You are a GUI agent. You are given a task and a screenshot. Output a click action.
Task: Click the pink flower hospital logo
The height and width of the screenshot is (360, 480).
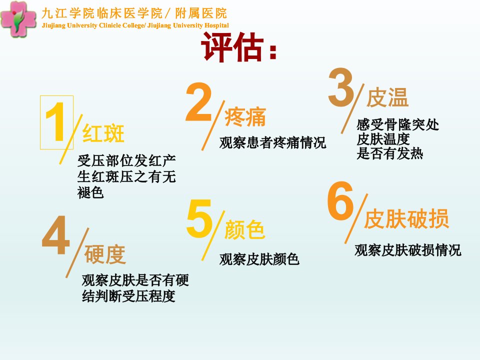pyautogui.click(x=18, y=19)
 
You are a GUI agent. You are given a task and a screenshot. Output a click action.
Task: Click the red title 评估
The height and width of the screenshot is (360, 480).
pyautogui.click(x=232, y=47)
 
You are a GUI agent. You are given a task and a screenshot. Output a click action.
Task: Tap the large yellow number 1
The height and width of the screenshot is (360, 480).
pyautogui.click(x=55, y=122)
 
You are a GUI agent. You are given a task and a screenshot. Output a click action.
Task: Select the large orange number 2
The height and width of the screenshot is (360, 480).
pyautogui.click(x=199, y=102)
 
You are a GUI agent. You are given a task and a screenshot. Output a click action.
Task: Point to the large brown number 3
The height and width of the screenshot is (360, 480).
pyautogui.click(x=341, y=87)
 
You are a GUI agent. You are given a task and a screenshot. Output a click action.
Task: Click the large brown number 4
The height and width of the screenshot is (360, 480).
pyautogui.click(x=56, y=235)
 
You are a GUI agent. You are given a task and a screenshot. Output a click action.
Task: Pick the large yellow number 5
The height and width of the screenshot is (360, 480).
pyautogui.click(x=199, y=218)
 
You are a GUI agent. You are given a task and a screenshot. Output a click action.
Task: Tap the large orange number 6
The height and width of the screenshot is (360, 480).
pyautogui.click(x=340, y=200)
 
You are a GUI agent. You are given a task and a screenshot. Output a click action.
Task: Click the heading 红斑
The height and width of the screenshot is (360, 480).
pyautogui.click(x=103, y=133)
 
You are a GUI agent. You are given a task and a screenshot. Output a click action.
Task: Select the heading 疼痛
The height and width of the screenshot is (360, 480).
pyautogui.click(x=245, y=116)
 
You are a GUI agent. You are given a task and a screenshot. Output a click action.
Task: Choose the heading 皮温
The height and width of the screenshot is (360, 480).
pyautogui.click(x=387, y=97)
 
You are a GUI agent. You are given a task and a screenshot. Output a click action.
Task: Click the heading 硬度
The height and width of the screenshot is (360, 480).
pyautogui.click(x=105, y=254)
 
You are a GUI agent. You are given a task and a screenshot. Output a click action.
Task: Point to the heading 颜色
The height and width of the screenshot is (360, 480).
pyautogui.click(x=245, y=229)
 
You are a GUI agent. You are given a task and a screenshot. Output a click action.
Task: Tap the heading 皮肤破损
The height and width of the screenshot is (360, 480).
pyautogui.click(x=406, y=219)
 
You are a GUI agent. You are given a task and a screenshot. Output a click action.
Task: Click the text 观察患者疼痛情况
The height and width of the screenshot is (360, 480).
pyautogui.click(x=273, y=142)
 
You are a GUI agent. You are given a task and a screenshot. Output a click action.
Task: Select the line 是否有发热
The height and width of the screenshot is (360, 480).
pyautogui.click(x=389, y=153)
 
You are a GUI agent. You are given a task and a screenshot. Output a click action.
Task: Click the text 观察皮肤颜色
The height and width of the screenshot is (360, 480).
pyautogui.click(x=259, y=259)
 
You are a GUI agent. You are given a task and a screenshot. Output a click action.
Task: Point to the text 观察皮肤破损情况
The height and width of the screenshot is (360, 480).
pyautogui.click(x=408, y=250)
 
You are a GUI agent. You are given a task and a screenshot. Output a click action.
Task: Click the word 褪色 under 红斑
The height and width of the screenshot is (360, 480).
pyautogui.click(x=90, y=193)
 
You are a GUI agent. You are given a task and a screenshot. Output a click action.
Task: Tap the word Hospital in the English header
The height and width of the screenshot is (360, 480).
pyautogui.click(x=216, y=25)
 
